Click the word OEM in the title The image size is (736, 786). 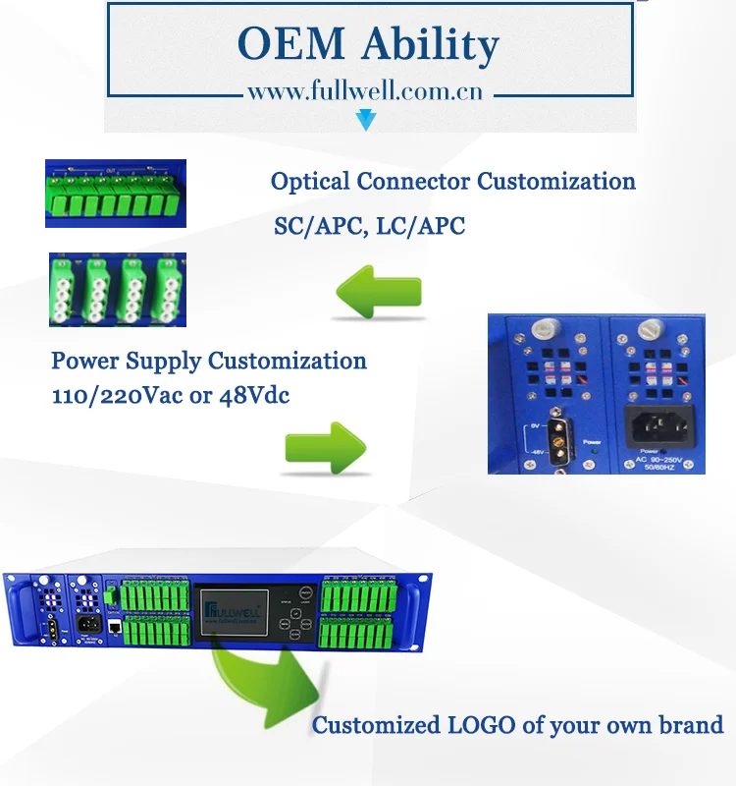285,44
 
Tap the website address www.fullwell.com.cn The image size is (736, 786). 364,93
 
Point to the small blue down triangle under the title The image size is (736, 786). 366,121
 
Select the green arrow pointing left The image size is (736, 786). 378,293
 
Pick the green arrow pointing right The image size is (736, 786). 325,447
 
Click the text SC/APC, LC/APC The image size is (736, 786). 369,226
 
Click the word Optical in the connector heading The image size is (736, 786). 309,182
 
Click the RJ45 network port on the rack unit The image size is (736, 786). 115,626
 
